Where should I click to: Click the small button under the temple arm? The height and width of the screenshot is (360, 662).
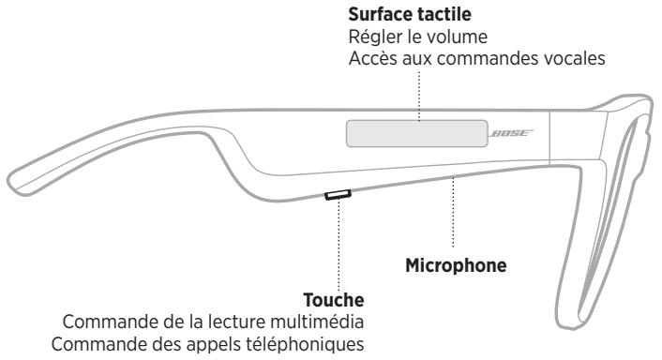(337, 195)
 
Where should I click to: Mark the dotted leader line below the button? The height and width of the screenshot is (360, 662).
(337, 244)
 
